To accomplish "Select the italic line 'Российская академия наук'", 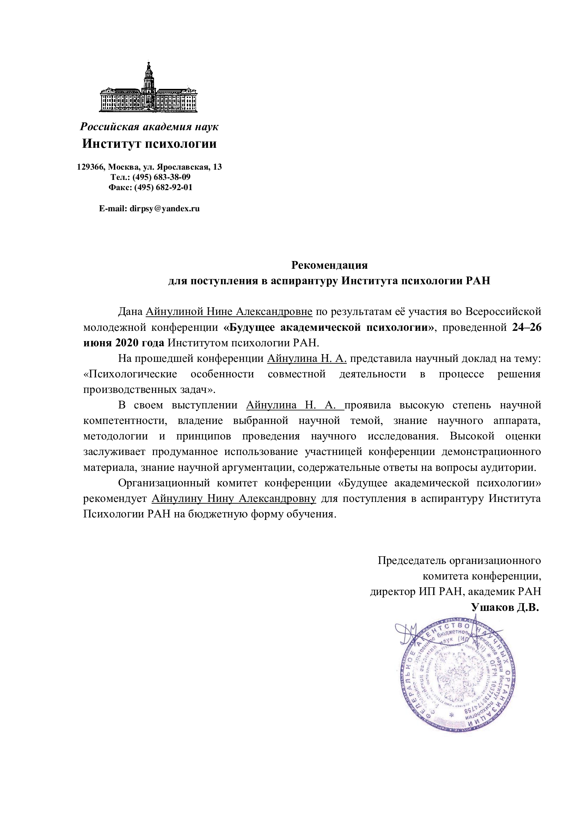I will [149, 127].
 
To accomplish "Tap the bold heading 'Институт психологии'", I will [149, 144].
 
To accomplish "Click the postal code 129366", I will [91, 167].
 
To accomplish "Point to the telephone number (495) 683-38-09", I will [161, 177].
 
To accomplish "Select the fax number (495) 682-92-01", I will [163, 187].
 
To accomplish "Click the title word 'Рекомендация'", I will [329, 265].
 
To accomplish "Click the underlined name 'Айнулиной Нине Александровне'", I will [229, 311].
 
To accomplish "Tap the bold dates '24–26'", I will [527, 327].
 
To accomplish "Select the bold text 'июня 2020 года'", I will [124, 343].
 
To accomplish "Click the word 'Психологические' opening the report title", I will [130, 374].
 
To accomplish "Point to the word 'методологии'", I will [116, 436].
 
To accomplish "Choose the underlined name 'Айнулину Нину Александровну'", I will [234, 499].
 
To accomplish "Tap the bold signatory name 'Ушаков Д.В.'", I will [505, 607].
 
